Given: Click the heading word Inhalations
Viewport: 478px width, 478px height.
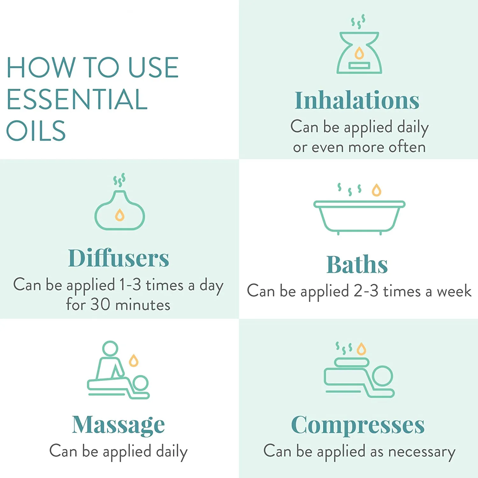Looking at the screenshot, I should [x=357, y=100].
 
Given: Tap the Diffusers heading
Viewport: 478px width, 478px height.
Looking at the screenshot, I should [x=119, y=258].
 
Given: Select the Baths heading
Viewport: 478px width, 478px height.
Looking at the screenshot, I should [x=357, y=264].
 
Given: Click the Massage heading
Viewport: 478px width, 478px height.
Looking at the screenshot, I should [x=118, y=424].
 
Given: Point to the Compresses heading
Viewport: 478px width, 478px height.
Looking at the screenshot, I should [x=358, y=424].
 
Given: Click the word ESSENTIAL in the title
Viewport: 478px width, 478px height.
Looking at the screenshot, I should [x=77, y=99].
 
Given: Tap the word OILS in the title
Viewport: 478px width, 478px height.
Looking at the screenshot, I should [x=36, y=131].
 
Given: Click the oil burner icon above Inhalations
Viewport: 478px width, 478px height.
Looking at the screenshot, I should [x=359, y=53].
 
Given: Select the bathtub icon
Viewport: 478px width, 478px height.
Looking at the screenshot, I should [x=359, y=217].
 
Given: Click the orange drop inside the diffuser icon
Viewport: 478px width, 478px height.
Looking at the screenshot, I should [x=119, y=215].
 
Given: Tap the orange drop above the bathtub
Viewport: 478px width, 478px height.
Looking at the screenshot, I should [x=376, y=190].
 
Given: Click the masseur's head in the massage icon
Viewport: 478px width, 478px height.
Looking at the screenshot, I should [x=110, y=349].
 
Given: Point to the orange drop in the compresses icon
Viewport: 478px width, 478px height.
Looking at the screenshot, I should [x=361, y=349].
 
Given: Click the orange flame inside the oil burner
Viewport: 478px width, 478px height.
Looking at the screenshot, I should [x=359, y=53].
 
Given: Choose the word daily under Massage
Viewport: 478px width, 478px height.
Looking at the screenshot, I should [x=172, y=452].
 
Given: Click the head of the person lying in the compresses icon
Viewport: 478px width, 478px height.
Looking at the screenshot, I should [x=382, y=376].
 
